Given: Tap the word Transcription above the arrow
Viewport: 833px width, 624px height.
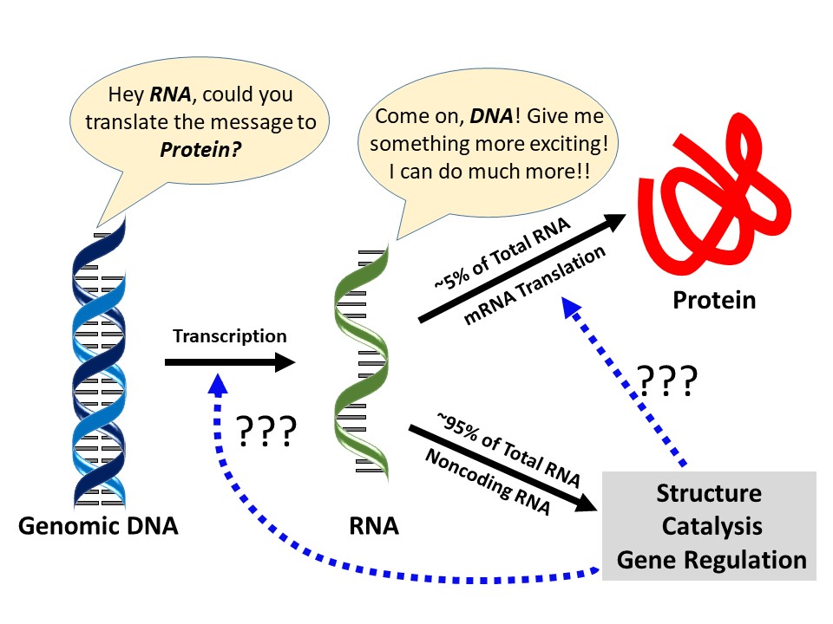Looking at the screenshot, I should pos(229,335).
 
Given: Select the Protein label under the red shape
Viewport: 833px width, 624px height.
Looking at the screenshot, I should pos(714,300).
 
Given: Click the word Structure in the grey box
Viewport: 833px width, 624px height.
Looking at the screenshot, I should pos(709,494).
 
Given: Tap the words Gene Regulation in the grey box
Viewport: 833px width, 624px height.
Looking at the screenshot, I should pos(711,559).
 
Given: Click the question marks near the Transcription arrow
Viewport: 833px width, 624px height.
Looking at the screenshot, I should pos(266,430).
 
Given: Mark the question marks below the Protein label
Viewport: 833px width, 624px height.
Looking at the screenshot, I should pos(666,382).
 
